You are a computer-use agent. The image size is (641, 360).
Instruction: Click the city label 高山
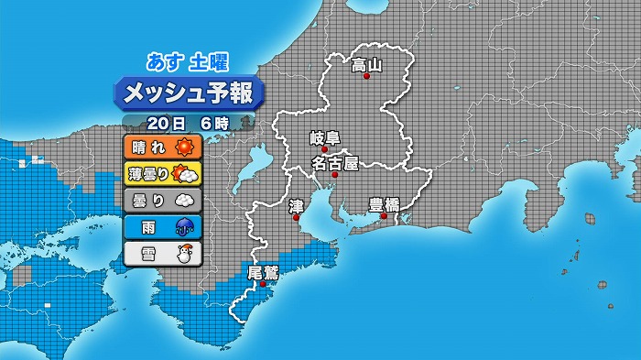366,65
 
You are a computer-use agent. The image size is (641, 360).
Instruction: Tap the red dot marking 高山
367,77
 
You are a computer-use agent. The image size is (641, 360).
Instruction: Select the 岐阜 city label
324,138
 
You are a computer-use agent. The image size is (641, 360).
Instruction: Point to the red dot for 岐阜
324,149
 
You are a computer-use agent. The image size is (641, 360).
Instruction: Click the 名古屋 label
334,163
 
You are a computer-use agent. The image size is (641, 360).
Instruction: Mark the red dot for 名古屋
335,174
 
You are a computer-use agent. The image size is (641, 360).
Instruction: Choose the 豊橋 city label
384,204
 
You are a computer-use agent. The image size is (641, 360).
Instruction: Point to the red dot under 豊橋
384,215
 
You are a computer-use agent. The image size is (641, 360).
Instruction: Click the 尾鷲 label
263,272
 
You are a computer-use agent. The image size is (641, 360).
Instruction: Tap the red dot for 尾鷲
263,284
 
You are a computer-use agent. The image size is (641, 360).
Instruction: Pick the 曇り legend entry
161,200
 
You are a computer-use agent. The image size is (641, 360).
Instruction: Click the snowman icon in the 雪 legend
185,254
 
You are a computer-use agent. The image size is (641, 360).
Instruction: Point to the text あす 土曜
188,62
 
